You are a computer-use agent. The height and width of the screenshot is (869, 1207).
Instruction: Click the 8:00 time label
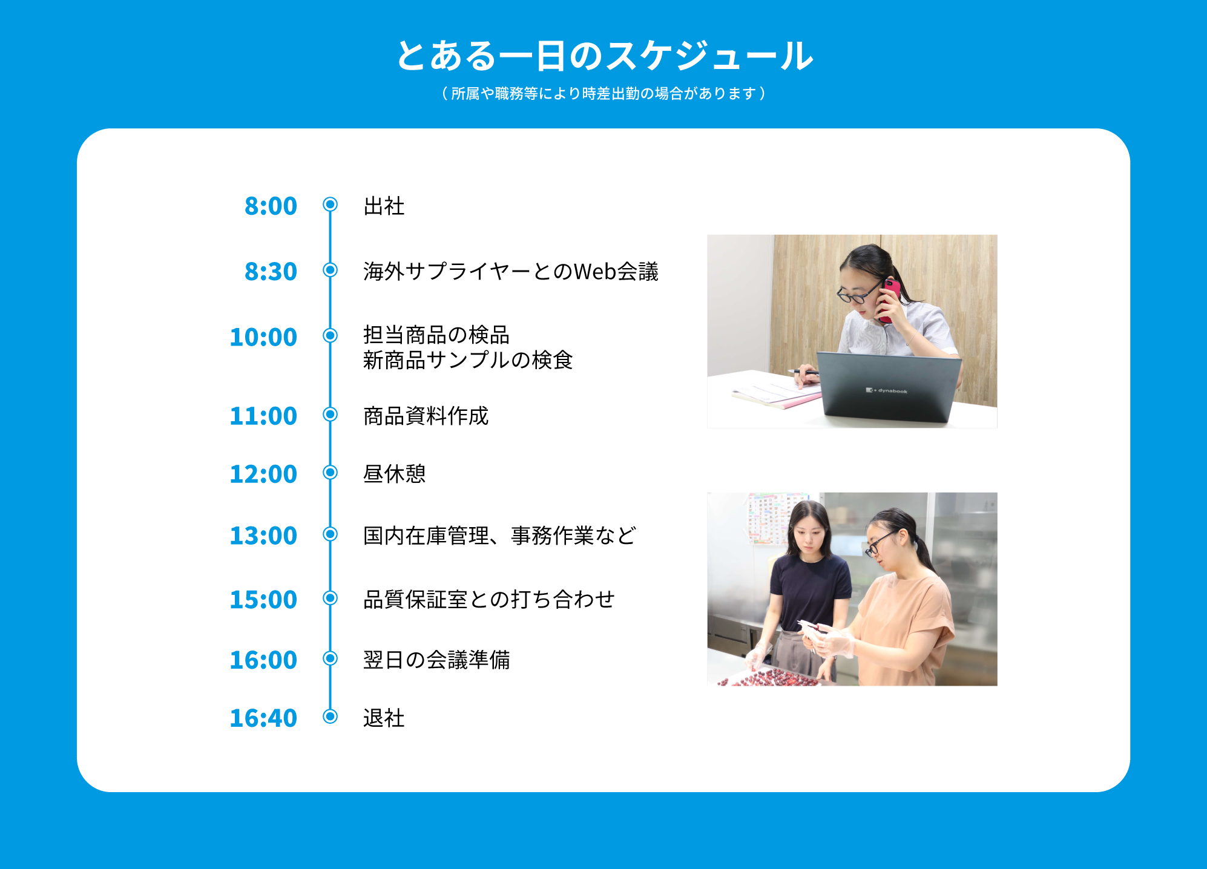point(271,206)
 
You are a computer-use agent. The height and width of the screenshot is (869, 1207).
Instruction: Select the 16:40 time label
point(263,718)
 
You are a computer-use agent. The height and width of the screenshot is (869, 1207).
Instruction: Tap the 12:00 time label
point(263,474)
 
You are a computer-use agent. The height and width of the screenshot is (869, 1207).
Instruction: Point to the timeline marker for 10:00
point(330,335)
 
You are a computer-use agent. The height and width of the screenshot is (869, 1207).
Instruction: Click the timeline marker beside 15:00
point(330,598)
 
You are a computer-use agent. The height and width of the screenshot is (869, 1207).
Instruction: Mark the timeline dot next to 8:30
point(330,269)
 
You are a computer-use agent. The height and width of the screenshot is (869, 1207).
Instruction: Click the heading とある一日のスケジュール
point(604,56)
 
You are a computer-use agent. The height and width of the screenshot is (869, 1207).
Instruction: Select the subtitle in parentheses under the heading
point(603,93)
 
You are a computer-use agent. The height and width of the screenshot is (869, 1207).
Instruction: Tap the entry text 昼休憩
point(395,474)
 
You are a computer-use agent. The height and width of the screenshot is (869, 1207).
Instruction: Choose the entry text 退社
point(384,718)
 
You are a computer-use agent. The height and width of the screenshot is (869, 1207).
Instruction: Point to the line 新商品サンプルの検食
point(468,360)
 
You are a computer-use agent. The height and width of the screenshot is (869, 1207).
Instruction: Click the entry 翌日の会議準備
point(436,660)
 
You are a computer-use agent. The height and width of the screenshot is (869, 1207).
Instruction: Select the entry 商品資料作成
point(426,416)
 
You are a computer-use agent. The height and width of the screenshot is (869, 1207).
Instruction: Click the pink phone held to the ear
point(889,300)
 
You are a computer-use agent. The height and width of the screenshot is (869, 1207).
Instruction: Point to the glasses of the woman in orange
point(878,543)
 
